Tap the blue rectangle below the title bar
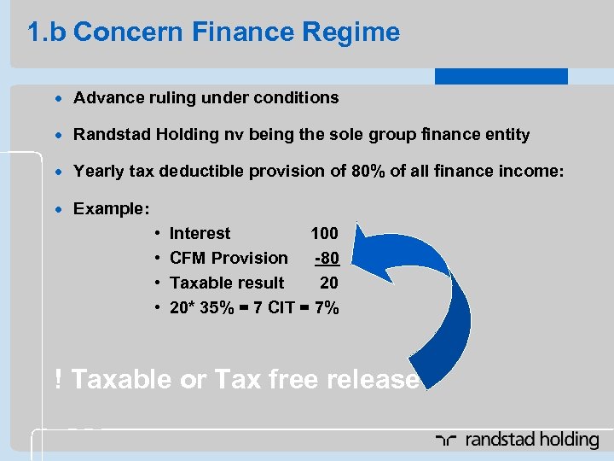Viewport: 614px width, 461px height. click(x=501, y=76)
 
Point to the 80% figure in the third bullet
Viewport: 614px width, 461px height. click(x=368, y=171)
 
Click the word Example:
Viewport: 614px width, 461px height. click(x=112, y=208)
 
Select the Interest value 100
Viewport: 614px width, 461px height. click(x=324, y=233)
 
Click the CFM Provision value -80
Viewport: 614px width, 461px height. click(x=327, y=258)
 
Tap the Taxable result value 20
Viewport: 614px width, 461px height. click(x=328, y=283)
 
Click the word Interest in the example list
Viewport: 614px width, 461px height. click(x=200, y=233)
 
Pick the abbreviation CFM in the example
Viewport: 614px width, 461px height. click(x=188, y=258)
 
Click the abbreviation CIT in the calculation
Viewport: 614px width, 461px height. click(x=281, y=307)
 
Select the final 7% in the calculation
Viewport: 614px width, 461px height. click(x=325, y=307)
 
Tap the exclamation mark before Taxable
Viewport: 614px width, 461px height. click(x=57, y=379)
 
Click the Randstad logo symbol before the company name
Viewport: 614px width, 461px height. click(x=445, y=441)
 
